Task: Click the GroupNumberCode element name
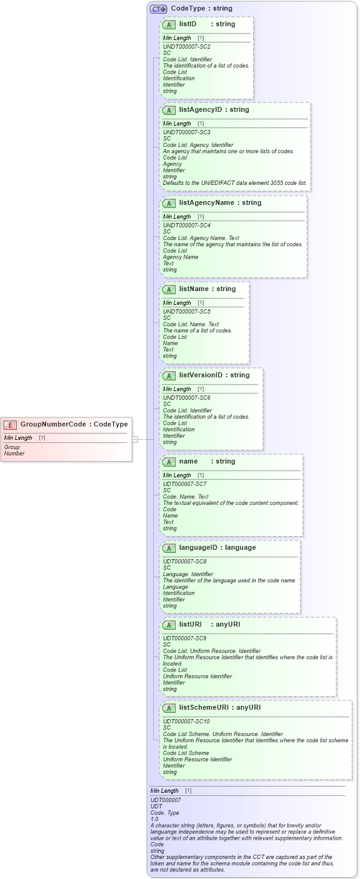tap(53, 424)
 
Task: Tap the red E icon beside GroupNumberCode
tap(10, 425)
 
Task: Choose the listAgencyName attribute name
tap(206, 202)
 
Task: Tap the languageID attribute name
tap(200, 547)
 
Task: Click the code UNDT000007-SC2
tap(187, 47)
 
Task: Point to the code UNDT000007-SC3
tap(187, 132)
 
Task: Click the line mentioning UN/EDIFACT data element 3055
tap(234, 183)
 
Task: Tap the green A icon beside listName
tap(169, 289)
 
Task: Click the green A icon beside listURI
tap(169, 625)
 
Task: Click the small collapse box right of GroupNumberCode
tap(135, 439)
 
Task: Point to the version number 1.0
tap(154, 819)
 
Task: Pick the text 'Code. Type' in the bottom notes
tap(165, 813)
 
